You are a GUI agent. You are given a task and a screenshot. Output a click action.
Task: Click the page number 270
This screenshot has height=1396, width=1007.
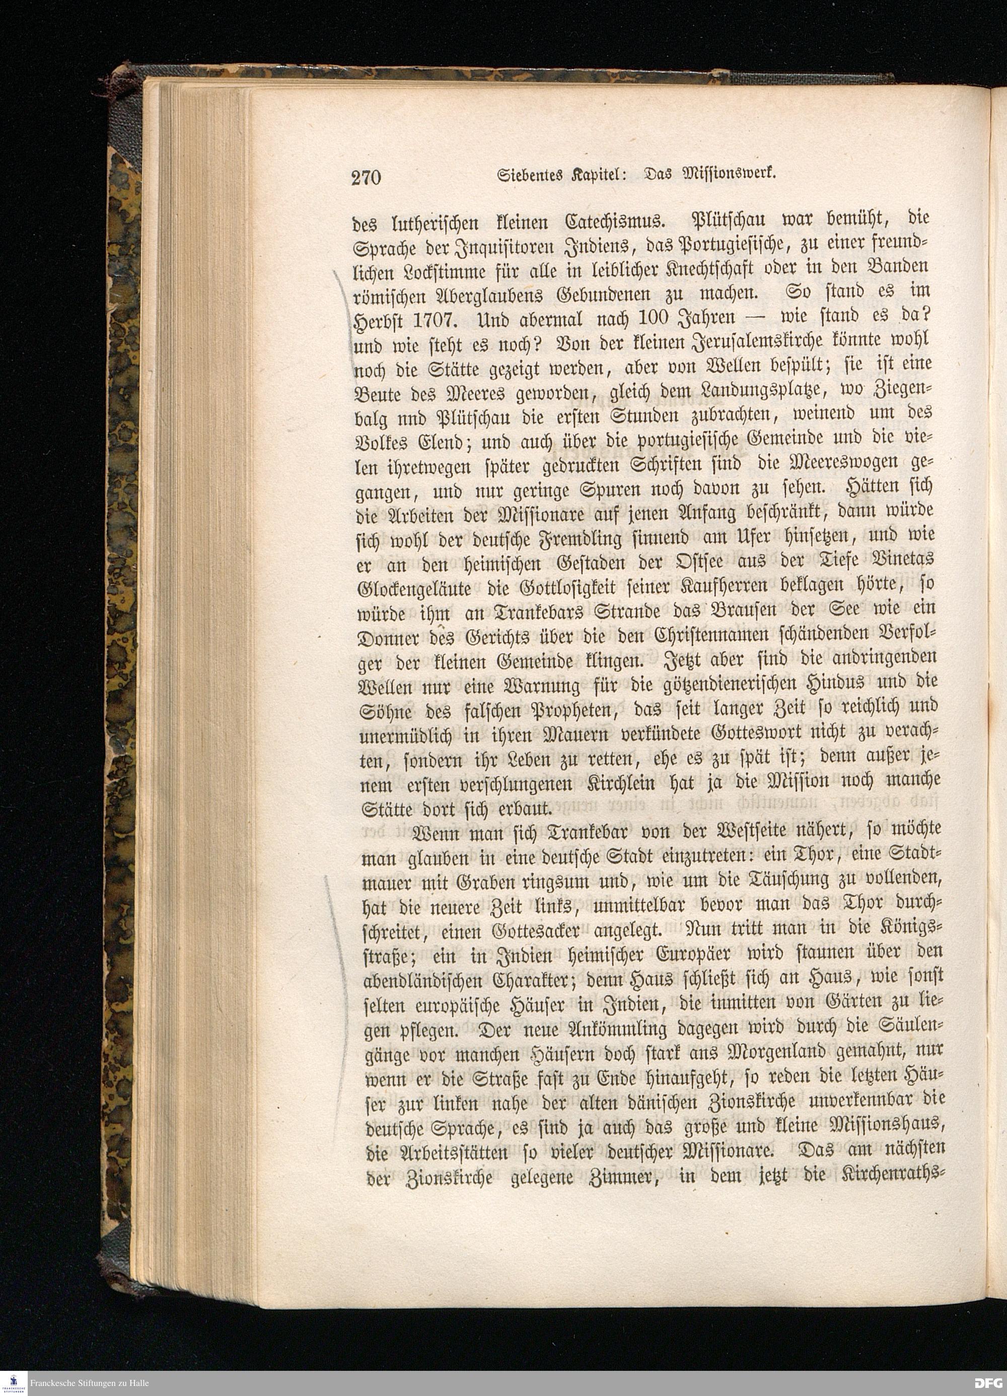pos(367,177)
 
